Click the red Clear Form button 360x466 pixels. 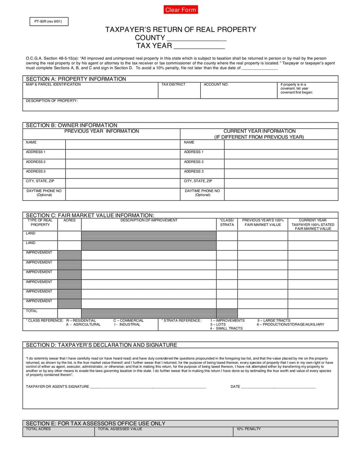[180, 10]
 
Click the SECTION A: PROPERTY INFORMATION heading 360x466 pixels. [76, 79]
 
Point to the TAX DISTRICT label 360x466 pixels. [173, 85]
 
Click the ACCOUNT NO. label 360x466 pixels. [216, 85]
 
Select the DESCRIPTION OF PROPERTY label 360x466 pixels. [52, 101]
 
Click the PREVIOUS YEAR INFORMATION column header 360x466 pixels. [102, 131]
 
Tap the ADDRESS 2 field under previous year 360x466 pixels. [122, 163]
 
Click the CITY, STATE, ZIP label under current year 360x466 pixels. [198, 181]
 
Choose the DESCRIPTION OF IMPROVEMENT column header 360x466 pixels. [148, 220]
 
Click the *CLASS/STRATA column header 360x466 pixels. [227, 222]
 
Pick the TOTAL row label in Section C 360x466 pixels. [31, 311]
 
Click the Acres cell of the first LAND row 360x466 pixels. [69, 235]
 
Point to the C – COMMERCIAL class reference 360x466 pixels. [129, 321]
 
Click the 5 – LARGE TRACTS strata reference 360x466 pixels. [274, 321]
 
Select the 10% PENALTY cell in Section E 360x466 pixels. [285, 431]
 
